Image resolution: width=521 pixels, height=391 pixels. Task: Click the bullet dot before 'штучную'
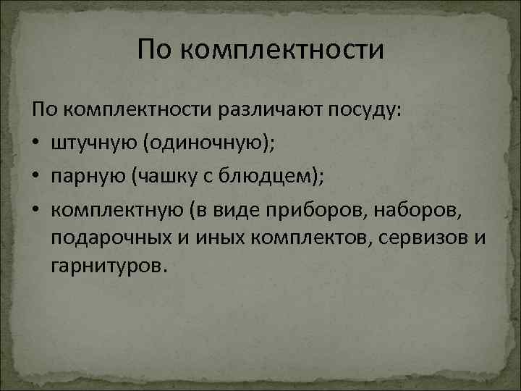(x=38, y=143)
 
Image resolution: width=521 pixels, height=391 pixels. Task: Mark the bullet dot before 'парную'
(x=38, y=175)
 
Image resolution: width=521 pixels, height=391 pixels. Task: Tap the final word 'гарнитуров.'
(x=109, y=267)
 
